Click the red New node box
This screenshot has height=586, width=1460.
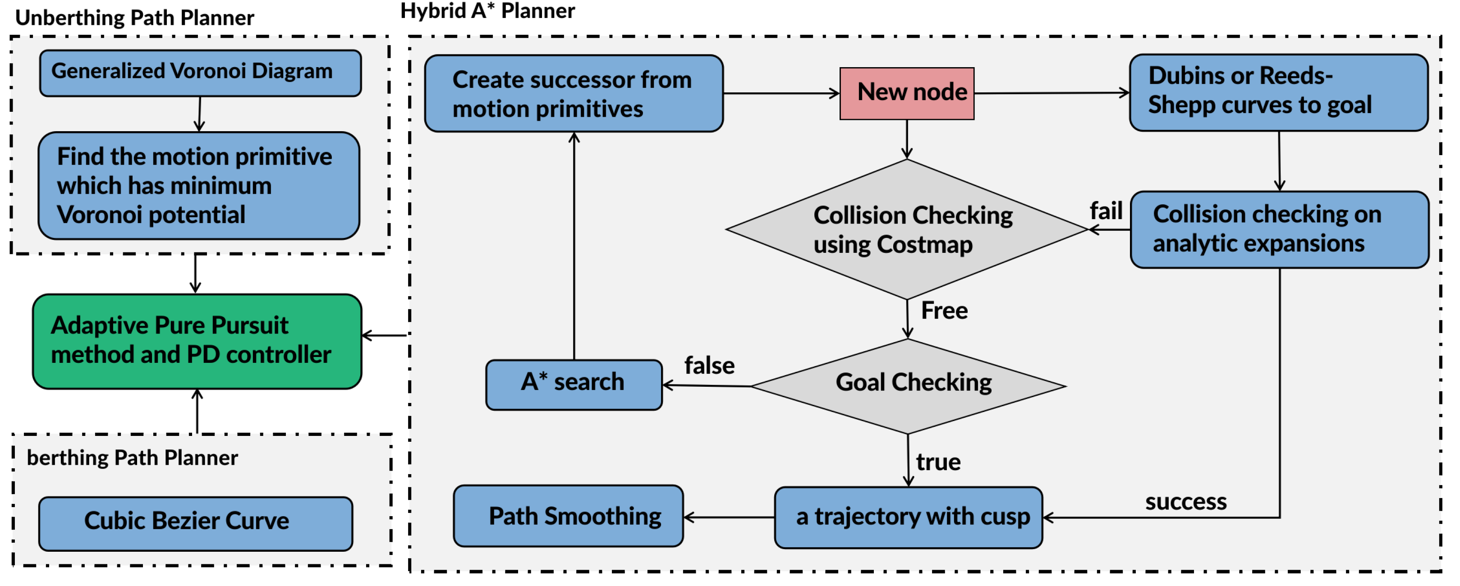tap(906, 93)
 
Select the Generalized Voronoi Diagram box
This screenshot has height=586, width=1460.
tap(200, 73)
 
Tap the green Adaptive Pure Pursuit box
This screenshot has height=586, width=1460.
tap(197, 341)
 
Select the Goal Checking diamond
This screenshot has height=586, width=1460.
tap(908, 386)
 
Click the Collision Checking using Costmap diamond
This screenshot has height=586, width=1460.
tap(907, 229)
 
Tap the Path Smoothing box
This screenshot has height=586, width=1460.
tap(568, 516)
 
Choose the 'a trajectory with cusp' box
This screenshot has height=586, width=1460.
tap(908, 517)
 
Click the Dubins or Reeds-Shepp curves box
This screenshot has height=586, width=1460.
tap(1278, 92)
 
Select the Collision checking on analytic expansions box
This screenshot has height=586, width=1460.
tap(1279, 229)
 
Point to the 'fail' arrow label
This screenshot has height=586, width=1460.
tap(1105, 211)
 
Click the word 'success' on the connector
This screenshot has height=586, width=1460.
tap(1186, 502)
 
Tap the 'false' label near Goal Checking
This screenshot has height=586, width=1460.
tap(708, 366)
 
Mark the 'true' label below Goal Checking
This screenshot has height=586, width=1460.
tap(938, 462)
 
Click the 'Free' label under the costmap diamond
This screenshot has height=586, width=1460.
tap(944, 311)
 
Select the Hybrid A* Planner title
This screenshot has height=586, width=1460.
tap(487, 11)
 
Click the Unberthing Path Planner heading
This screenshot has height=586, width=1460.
tap(134, 18)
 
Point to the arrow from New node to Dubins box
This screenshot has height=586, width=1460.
tap(1051, 93)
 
